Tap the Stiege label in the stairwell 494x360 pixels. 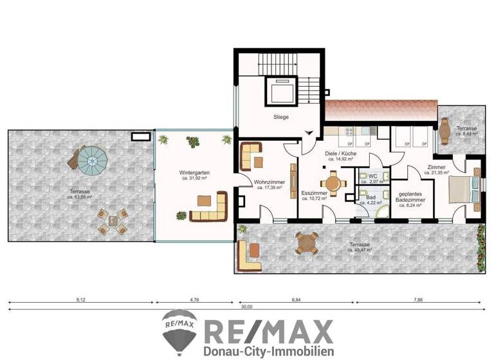pyautogui.click(x=280, y=117)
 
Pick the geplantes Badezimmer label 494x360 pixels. pyautogui.click(x=410, y=197)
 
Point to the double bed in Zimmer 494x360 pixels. pyautogui.click(x=461, y=190)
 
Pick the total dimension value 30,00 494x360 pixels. pyautogui.click(x=246, y=307)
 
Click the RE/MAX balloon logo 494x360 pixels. pyautogui.click(x=180, y=330)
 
